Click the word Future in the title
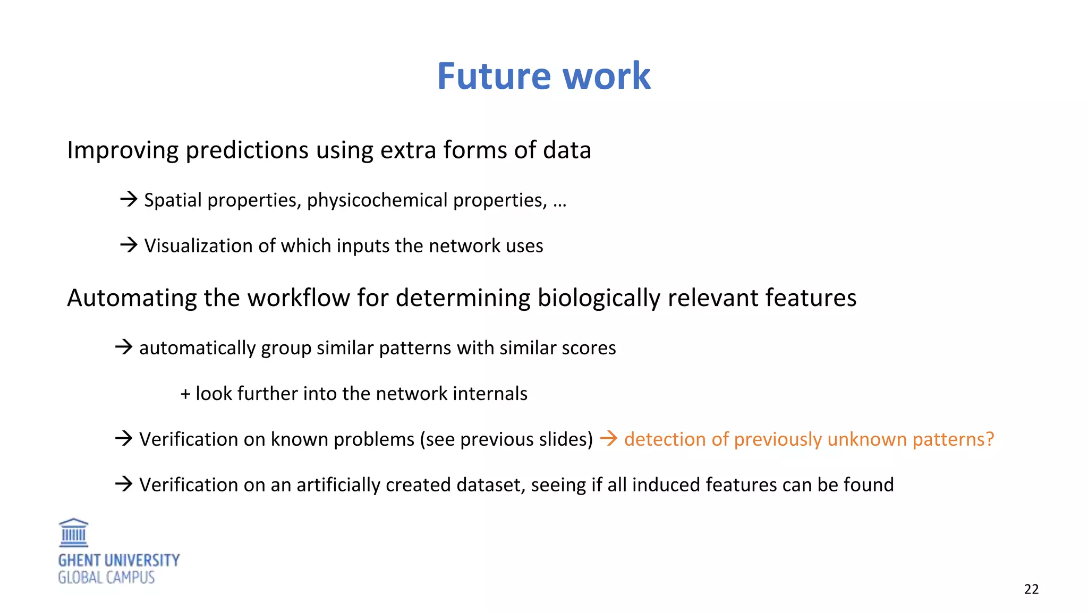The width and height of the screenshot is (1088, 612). click(x=494, y=76)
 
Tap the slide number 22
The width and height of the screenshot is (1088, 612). click(x=1031, y=589)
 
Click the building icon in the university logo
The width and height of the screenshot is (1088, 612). click(x=73, y=533)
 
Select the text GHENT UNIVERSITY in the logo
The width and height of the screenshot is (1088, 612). click(x=119, y=560)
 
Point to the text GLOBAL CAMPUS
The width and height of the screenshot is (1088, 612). click(x=106, y=577)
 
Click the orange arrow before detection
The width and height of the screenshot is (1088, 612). click(x=609, y=438)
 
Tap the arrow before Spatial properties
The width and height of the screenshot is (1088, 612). click(x=129, y=199)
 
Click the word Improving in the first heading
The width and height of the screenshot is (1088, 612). click(x=122, y=150)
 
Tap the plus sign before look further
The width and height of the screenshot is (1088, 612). click(x=185, y=394)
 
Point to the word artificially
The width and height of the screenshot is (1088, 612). click(x=338, y=485)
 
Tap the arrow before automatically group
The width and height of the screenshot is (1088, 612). click(x=124, y=347)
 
